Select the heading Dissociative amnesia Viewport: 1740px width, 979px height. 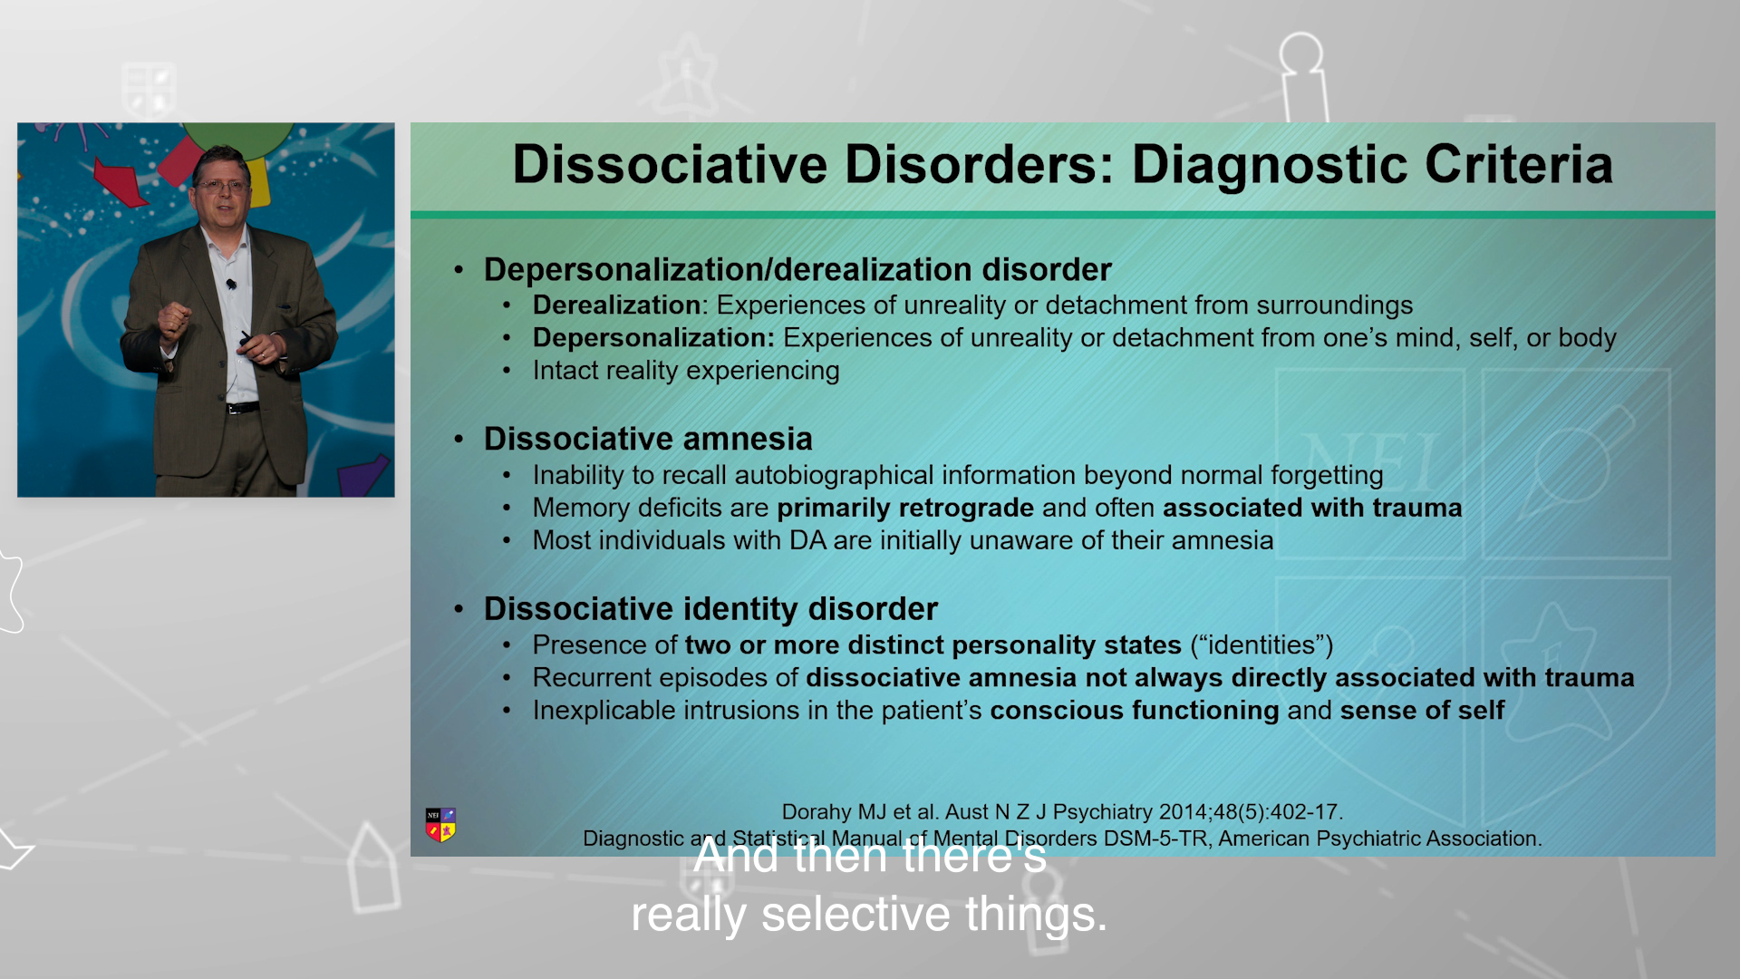[648, 439]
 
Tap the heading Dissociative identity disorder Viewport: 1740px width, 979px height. [710, 608]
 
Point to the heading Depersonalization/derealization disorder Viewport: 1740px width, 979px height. [797, 269]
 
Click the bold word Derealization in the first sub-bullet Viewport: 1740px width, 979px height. [617, 305]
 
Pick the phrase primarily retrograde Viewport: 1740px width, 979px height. [905, 509]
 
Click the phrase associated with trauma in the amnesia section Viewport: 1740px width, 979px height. [1312, 508]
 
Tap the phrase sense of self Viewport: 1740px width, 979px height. [1422, 711]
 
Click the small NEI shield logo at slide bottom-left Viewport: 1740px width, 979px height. [440, 825]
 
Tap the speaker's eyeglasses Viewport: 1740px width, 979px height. [223, 186]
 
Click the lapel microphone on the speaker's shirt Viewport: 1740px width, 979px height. [231, 285]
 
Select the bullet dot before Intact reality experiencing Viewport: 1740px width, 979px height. [507, 371]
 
